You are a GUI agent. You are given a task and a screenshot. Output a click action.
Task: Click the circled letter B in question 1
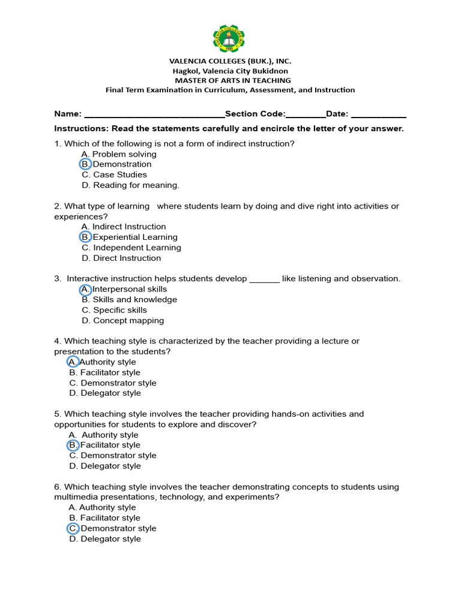tap(85, 164)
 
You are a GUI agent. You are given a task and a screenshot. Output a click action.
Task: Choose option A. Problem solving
tap(119, 154)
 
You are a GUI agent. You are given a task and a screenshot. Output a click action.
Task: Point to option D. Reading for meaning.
tap(130, 185)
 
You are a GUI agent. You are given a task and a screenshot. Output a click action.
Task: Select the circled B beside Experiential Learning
tap(85, 237)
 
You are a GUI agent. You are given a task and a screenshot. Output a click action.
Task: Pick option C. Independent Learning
tap(131, 248)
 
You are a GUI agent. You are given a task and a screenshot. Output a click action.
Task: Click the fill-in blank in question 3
tap(264, 279)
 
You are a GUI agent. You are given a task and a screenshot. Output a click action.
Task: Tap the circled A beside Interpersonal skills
tap(85, 289)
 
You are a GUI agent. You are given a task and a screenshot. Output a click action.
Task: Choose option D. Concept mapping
tap(122, 321)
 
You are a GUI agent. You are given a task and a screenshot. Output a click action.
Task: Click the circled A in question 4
tap(73, 362)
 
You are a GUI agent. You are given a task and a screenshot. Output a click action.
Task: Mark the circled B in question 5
tap(73, 445)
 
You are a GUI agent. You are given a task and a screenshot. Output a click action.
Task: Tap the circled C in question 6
tap(73, 528)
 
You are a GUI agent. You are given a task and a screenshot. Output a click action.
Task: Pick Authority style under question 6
tap(103, 507)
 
